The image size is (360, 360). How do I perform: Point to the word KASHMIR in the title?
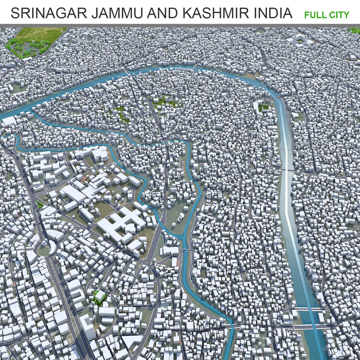coord(216,13)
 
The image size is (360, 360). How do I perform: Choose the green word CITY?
coord(339,15)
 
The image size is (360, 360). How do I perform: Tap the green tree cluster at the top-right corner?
coord(354,30)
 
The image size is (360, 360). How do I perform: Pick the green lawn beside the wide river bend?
coord(264,108)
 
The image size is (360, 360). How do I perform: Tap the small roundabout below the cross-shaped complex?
coord(146,262)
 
